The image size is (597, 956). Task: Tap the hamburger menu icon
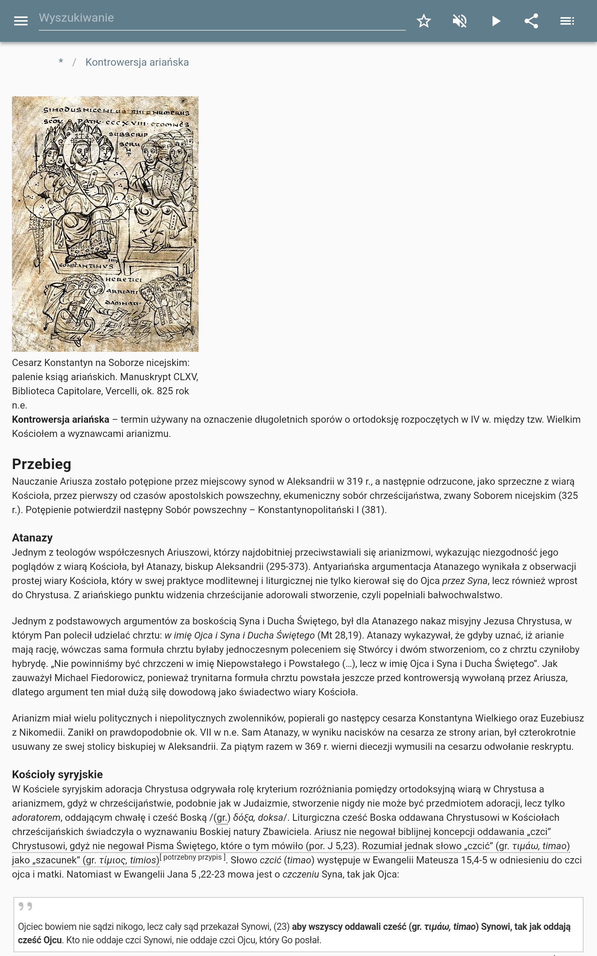(x=21, y=21)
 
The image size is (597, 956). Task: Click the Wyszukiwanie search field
(x=221, y=18)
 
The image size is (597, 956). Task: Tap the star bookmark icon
(x=423, y=21)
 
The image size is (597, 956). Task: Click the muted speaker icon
(x=460, y=21)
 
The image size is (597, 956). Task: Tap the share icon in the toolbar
(x=531, y=21)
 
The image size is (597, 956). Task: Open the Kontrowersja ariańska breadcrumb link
(x=137, y=62)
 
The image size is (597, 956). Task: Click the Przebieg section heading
(x=41, y=464)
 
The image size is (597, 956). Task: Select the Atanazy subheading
(x=32, y=538)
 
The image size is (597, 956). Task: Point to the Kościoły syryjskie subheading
(x=57, y=774)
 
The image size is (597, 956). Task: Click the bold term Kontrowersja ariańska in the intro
(x=60, y=419)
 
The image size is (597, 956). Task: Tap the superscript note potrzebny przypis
(x=193, y=857)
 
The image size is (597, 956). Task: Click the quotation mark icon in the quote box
(x=25, y=906)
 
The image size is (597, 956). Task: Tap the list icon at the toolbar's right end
(x=567, y=21)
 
